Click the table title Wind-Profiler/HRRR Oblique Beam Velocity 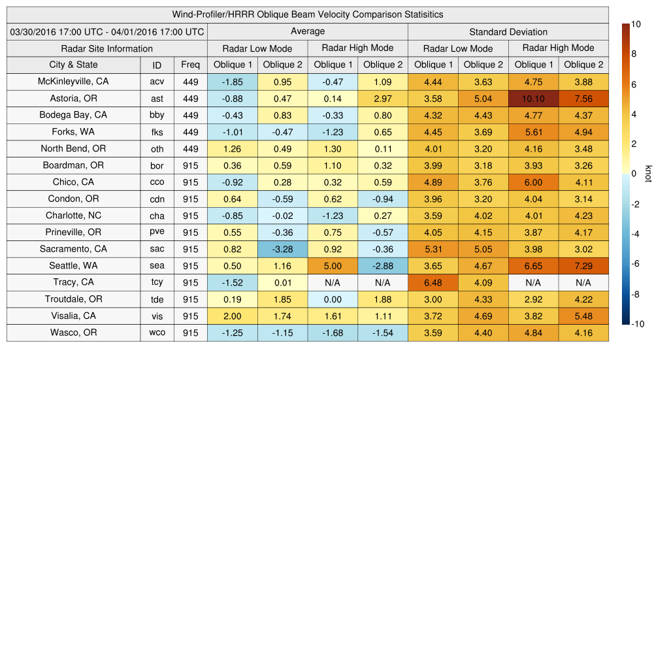pyautogui.click(x=308, y=14)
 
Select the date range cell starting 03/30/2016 pyautogui.click(x=107, y=31)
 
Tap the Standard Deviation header pyautogui.click(x=508, y=31)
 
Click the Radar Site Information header pyautogui.click(x=107, y=48)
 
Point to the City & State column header pyautogui.click(x=73, y=65)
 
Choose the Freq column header pyautogui.click(x=191, y=65)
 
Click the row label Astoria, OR pyautogui.click(x=73, y=99)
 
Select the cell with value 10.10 pyautogui.click(x=533, y=99)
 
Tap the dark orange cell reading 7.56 pyautogui.click(x=583, y=99)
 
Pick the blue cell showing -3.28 pyautogui.click(x=282, y=249)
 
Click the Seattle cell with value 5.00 pyautogui.click(x=333, y=266)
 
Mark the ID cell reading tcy pyautogui.click(x=157, y=283)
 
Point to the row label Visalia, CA pyautogui.click(x=73, y=316)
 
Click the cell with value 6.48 pyautogui.click(x=432, y=283)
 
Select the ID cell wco pyautogui.click(x=157, y=333)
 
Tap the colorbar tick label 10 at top pyautogui.click(x=636, y=25)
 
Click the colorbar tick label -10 pyautogui.click(x=636, y=323)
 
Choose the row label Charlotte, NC pyautogui.click(x=73, y=216)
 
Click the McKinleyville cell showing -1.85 pyautogui.click(x=232, y=82)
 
